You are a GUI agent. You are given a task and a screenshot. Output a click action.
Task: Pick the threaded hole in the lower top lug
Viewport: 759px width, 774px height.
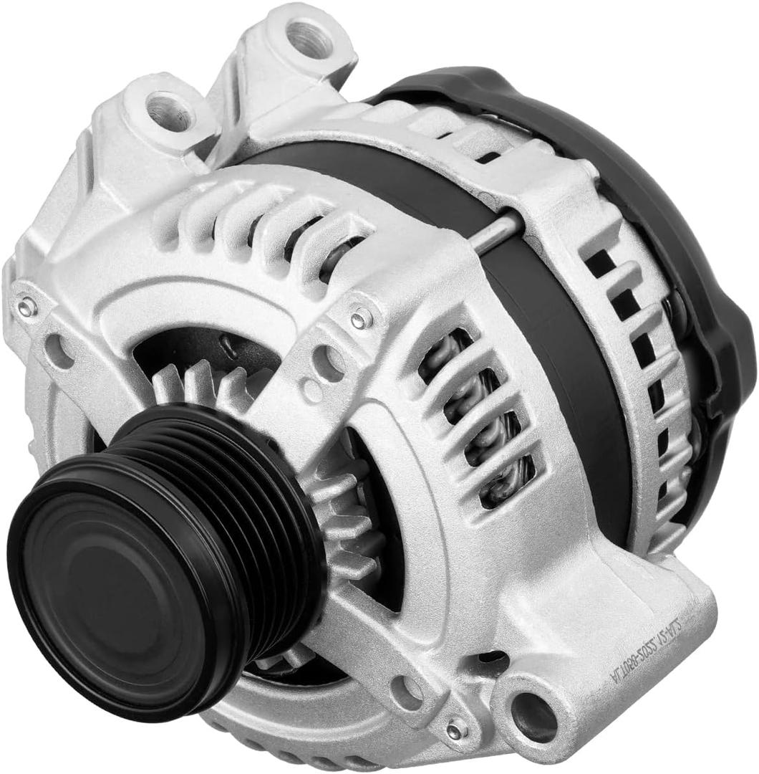click(170, 113)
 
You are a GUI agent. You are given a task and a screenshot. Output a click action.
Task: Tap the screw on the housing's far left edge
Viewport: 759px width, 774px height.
click(27, 307)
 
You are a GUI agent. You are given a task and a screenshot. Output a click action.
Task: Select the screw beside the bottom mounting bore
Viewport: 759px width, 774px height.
click(454, 730)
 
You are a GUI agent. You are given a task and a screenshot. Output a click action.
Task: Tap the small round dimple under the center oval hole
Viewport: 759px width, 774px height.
click(311, 391)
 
